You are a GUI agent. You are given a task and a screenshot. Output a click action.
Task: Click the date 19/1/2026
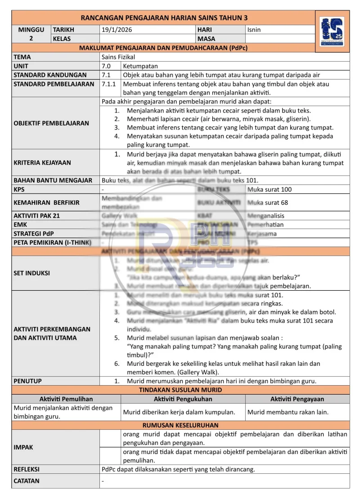tap(117, 30)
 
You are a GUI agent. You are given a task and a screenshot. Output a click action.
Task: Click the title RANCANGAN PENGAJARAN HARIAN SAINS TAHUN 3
tap(164, 18)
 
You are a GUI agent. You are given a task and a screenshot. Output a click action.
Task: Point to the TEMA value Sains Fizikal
tap(118, 57)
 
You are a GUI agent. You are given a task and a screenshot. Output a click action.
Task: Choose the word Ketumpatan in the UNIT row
tap(140, 66)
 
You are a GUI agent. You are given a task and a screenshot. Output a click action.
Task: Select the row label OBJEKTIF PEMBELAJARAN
tap(51, 123)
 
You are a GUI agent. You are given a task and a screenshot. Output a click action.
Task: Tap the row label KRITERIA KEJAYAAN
tap(42, 162)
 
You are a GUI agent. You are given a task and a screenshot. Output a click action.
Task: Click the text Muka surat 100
tap(270, 189)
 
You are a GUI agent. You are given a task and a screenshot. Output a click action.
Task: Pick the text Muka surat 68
tap(268, 202)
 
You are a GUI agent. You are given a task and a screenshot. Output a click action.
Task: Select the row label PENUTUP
tap(28, 381)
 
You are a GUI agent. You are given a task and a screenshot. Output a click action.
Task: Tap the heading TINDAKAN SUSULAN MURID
tap(180, 390)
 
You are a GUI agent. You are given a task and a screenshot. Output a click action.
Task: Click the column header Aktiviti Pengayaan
tap(297, 399)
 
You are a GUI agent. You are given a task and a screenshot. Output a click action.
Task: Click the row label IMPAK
tap(23, 447)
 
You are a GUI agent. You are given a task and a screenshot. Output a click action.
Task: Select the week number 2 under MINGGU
tap(31, 39)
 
